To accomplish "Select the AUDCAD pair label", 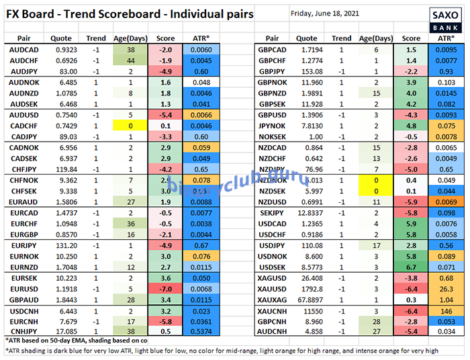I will (23, 51).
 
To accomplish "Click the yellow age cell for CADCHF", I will (131, 126).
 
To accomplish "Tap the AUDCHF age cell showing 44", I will (131, 61).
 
